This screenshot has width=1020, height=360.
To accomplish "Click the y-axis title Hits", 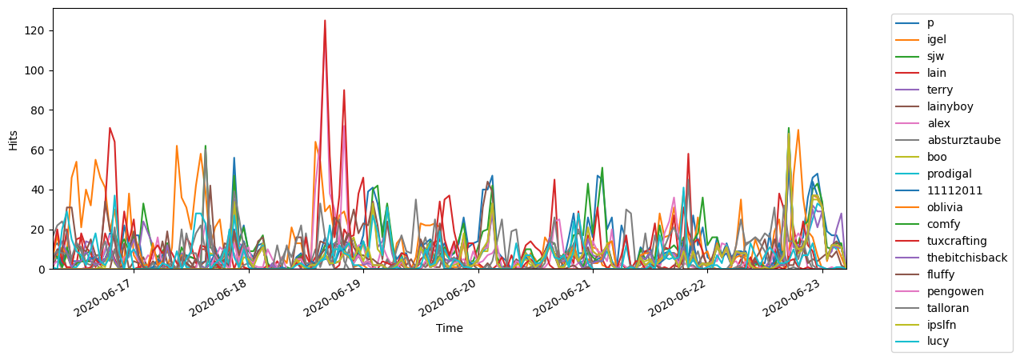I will coord(13,139).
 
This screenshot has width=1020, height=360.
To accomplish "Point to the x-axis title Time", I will coord(449,328).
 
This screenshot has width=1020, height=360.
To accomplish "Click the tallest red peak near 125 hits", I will coord(325,21).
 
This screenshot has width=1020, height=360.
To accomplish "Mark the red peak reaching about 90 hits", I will coord(344,90).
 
